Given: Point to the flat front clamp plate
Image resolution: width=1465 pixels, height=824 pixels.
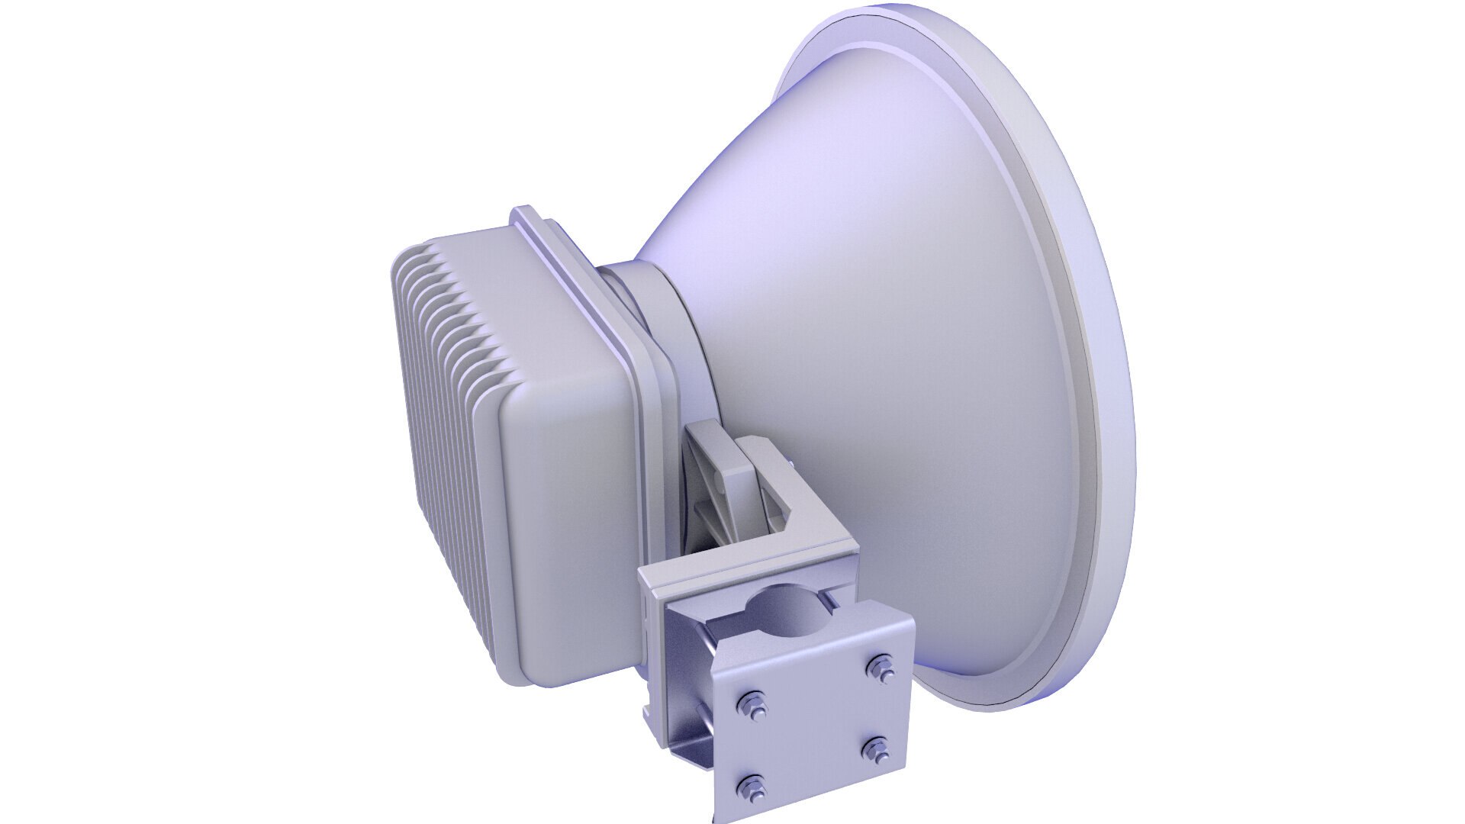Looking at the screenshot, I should tap(816, 725).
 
